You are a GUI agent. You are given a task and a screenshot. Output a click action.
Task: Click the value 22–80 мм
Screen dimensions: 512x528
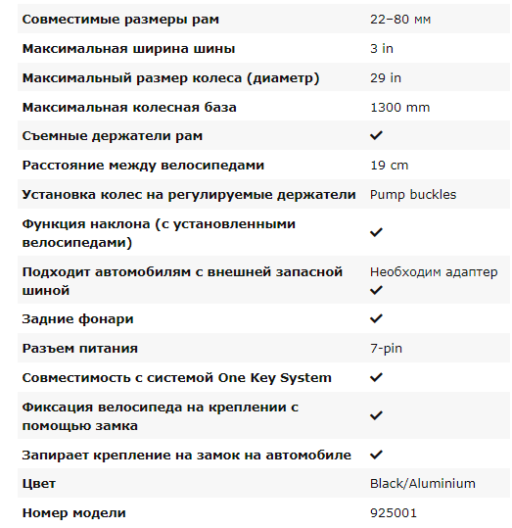[399, 20]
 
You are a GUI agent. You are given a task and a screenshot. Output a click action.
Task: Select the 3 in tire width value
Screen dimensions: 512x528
[382, 49]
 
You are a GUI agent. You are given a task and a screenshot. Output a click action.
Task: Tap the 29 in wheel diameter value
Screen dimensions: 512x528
[386, 78]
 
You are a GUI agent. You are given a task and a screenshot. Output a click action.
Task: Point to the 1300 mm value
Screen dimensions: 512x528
[399, 107]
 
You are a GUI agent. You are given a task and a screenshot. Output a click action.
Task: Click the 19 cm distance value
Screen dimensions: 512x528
[389, 166]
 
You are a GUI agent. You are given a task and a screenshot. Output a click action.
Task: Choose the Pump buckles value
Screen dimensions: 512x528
[412, 194]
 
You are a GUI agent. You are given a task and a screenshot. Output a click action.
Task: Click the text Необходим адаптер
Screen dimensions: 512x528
[433, 271]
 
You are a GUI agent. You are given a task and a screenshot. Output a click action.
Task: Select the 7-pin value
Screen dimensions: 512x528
[386, 348]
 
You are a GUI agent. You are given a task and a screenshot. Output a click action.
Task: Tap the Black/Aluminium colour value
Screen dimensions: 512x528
[422, 483]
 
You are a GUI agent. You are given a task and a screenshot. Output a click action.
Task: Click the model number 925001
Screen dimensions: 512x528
[392, 512]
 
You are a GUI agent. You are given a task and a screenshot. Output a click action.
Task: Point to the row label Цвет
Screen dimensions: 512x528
[39, 483]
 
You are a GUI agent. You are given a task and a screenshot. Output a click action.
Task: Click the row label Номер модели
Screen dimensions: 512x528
[73, 512]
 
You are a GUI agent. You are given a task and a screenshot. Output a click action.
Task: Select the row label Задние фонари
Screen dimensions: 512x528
[77, 319]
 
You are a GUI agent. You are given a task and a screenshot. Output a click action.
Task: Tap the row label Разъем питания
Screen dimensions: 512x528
[79, 348]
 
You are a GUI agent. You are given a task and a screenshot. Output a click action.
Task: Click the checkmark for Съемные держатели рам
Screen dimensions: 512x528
[376, 136]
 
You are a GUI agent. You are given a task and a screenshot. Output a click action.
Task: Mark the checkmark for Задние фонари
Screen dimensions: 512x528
[376, 319]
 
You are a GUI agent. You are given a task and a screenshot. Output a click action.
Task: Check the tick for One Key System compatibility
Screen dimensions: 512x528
[376, 377]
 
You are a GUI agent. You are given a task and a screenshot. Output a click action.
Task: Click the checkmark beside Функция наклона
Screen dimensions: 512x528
[376, 232]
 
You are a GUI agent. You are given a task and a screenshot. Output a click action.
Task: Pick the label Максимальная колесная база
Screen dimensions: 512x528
[129, 107]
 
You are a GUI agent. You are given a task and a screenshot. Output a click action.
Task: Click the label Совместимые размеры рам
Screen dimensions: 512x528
[120, 20]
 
